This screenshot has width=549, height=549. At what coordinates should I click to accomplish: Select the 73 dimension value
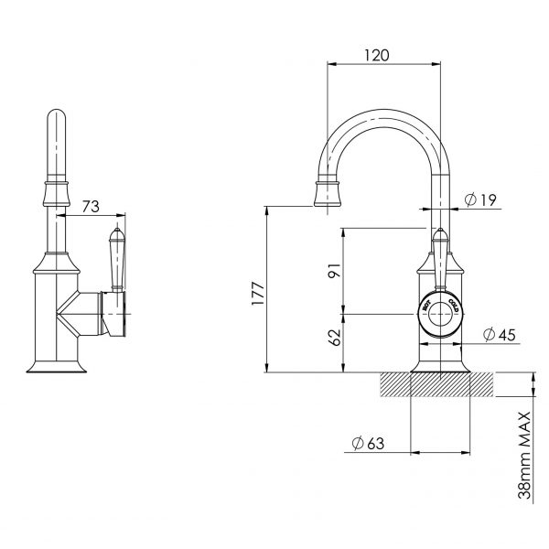pos(90,208)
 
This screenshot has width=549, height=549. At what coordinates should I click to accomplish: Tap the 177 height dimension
pos(258,293)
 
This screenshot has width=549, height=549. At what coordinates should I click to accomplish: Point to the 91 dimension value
pos(334,272)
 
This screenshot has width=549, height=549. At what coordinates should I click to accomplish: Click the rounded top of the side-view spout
pos(56,121)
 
